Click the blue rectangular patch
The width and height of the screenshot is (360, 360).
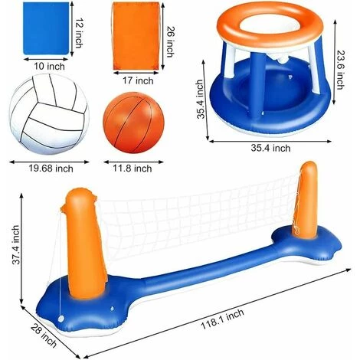46,28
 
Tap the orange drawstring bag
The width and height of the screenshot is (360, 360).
136,36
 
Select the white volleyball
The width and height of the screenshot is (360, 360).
49,114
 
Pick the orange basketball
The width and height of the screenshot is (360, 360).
133,123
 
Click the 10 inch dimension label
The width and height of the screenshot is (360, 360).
50,67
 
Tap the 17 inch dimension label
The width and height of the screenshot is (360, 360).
138,80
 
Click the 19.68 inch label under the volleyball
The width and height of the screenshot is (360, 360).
51,169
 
